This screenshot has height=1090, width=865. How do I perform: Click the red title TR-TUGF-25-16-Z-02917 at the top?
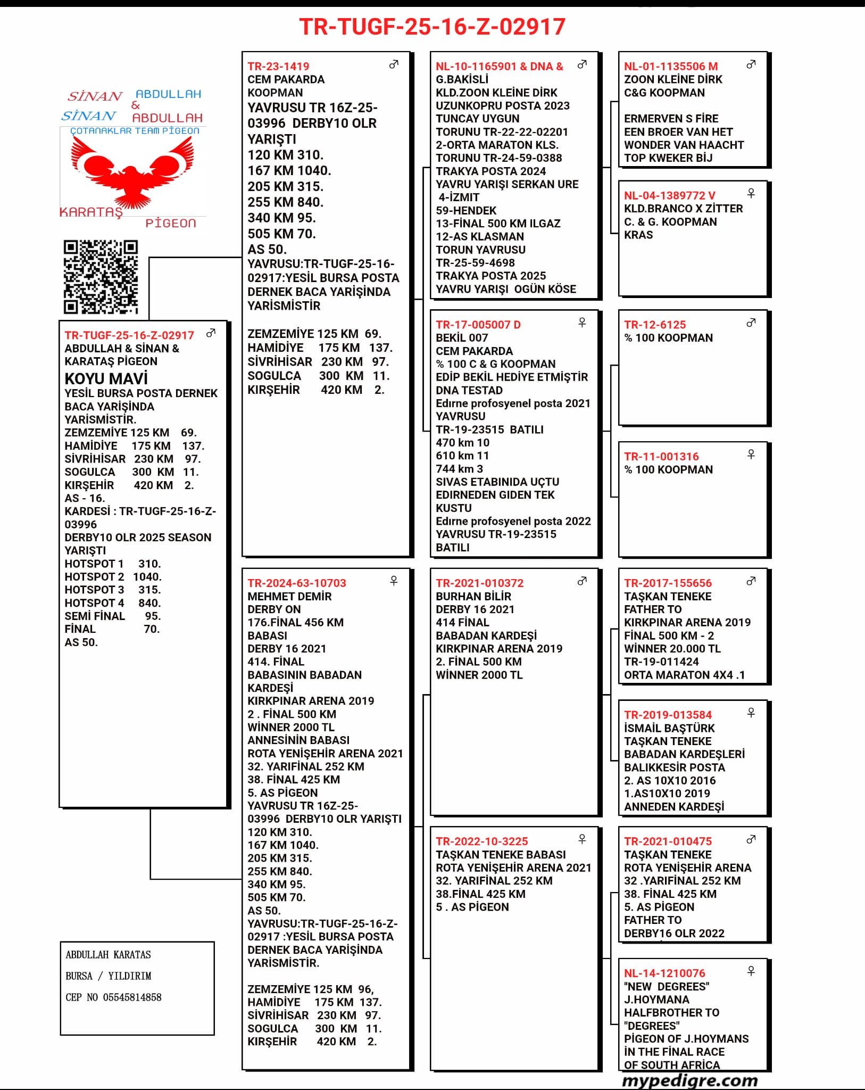(x=432, y=27)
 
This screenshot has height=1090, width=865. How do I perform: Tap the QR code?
(x=101, y=277)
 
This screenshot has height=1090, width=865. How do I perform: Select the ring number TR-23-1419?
(x=278, y=67)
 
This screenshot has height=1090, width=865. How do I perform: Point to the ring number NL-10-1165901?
(x=476, y=67)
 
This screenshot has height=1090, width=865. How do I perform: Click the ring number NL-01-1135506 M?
(x=671, y=67)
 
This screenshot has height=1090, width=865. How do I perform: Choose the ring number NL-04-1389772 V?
(x=669, y=195)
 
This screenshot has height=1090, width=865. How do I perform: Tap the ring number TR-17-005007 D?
(x=478, y=325)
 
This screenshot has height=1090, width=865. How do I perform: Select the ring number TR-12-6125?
(x=655, y=325)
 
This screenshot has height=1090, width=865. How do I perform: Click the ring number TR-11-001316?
(x=661, y=456)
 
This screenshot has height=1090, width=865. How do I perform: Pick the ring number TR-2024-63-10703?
(x=297, y=583)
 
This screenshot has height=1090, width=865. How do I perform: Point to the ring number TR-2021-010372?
(x=479, y=583)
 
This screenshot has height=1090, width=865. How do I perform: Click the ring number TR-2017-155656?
(x=668, y=583)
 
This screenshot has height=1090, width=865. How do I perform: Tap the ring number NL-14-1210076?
(x=664, y=973)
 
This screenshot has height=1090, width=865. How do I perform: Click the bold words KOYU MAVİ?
(x=106, y=378)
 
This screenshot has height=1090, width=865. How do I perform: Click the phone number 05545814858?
(x=132, y=997)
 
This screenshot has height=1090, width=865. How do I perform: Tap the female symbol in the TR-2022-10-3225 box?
(x=582, y=839)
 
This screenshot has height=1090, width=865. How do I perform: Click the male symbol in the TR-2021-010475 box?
(x=751, y=839)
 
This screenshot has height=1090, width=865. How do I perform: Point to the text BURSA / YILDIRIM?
(x=109, y=976)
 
